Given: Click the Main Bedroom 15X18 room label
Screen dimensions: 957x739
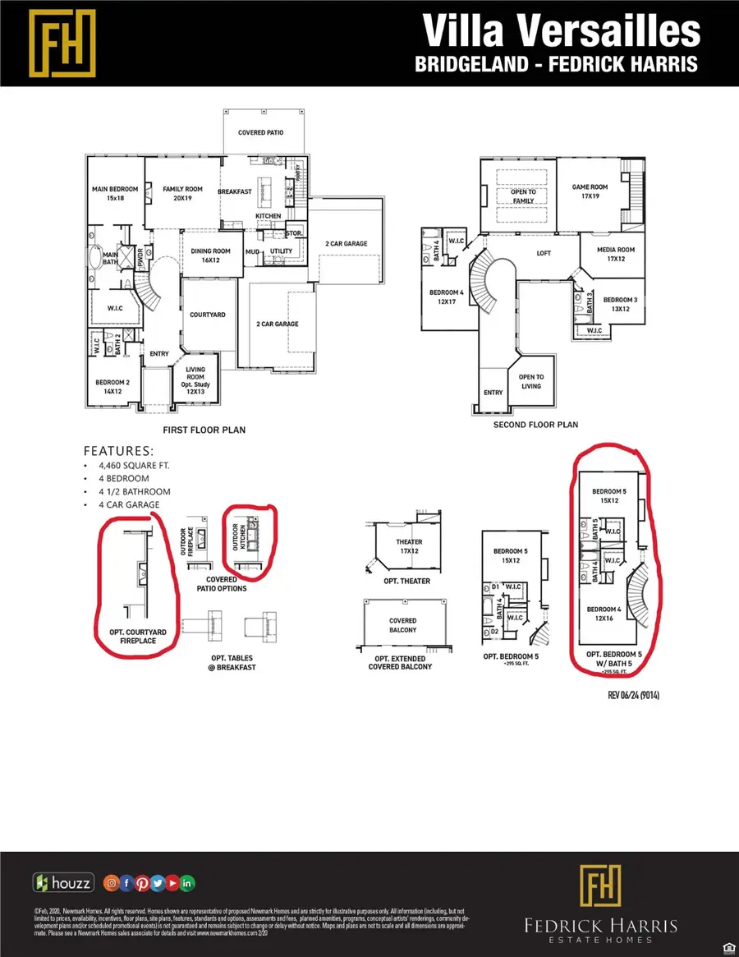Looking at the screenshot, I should pyautogui.click(x=114, y=194).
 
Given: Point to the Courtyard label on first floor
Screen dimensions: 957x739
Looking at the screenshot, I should pyautogui.click(x=208, y=315).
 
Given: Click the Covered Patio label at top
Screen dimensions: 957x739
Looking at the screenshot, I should pyautogui.click(x=260, y=132).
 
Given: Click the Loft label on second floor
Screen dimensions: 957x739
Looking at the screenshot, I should pyautogui.click(x=544, y=254).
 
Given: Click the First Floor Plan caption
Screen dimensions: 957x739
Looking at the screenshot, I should pyautogui.click(x=205, y=430).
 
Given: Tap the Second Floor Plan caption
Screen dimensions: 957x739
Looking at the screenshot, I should pyautogui.click(x=535, y=425).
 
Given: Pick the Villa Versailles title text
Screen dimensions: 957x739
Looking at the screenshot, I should pyautogui.click(x=562, y=31).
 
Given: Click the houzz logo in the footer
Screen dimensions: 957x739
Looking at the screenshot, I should pyautogui.click(x=64, y=883).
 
